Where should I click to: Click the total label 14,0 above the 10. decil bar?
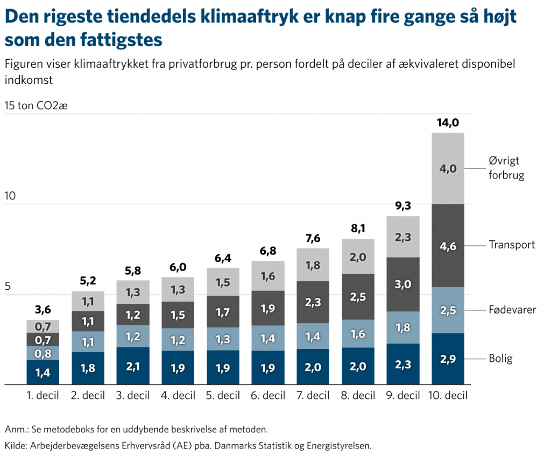tap(448, 123)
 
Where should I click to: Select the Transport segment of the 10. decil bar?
tap(448, 246)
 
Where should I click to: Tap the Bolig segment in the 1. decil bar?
tap(43, 372)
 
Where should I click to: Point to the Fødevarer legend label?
tap(512, 310)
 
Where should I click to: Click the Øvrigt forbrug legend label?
tap(506, 168)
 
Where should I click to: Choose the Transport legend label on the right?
tap(511, 245)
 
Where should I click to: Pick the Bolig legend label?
tap(500, 359)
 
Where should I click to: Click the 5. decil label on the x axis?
tap(223, 396)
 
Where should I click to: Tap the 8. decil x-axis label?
tap(358, 396)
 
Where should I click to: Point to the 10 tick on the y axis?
tap(10, 196)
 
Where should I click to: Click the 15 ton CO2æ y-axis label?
tap(36, 105)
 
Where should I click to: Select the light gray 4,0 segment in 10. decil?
tap(448, 168)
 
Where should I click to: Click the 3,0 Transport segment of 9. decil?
tap(403, 284)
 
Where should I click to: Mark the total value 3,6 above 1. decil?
tap(43, 310)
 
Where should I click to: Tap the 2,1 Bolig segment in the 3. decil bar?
tap(133, 366)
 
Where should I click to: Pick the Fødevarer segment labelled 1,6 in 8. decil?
tap(358, 334)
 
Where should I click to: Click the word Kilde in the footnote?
tap(16, 445)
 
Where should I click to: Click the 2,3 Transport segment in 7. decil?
tap(313, 302)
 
